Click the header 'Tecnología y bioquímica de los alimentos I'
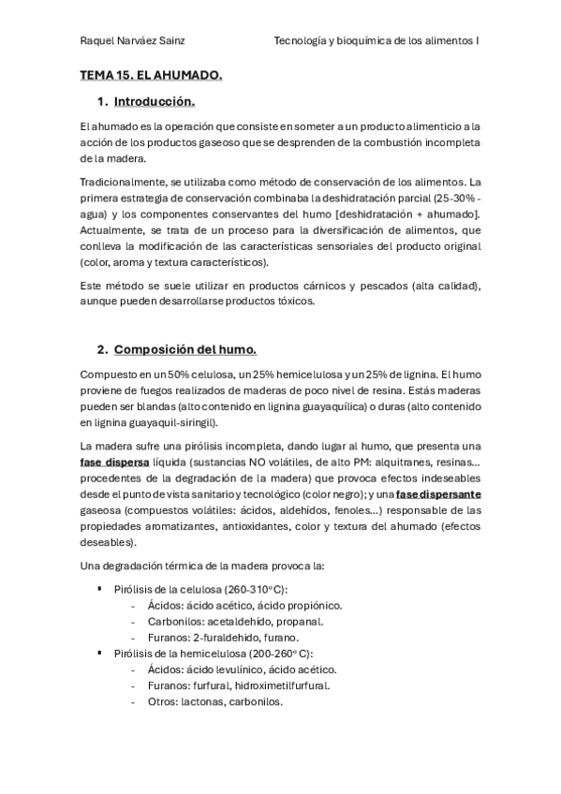(x=376, y=41)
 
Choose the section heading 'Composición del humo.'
(x=185, y=349)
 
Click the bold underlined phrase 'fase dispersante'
(x=438, y=494)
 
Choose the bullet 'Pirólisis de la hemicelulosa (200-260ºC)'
(x=213, y=653)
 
